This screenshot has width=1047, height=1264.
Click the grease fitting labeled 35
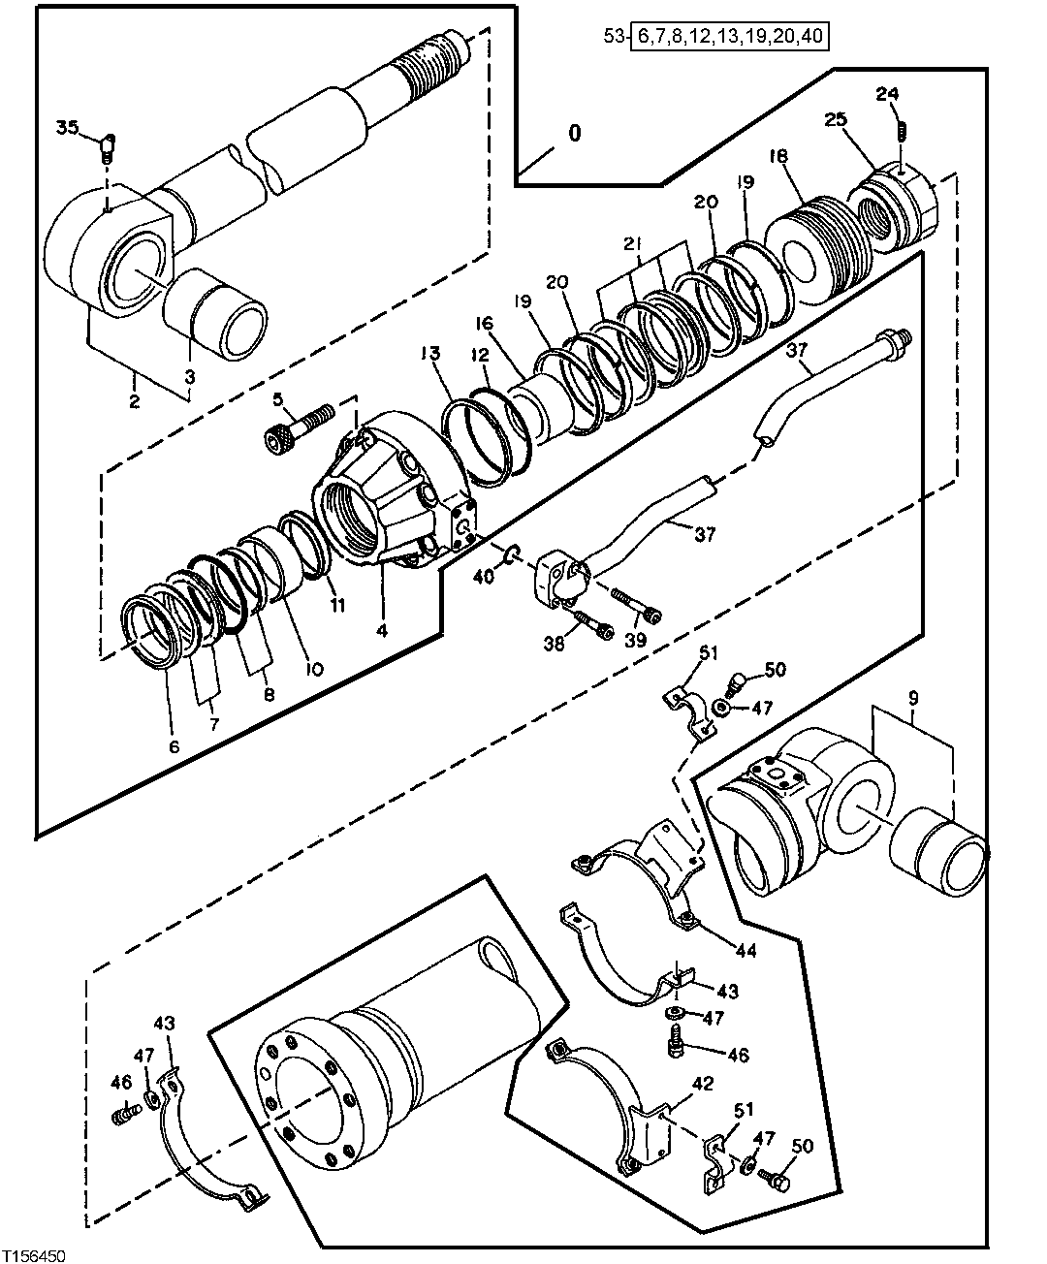pyautogui.click(x=107, y=144)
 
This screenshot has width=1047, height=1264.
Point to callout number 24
pyautogui.click(x=887, y=94)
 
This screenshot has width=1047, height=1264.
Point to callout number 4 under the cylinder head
pyautogui.click(x=382, y=630)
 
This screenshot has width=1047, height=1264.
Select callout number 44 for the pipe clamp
pyautogui.click(x=745, y=952)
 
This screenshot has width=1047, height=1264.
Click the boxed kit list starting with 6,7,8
pyautogui.click(x=732, y=38)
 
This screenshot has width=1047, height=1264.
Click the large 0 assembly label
pyautogui.click(x=575, y=133)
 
